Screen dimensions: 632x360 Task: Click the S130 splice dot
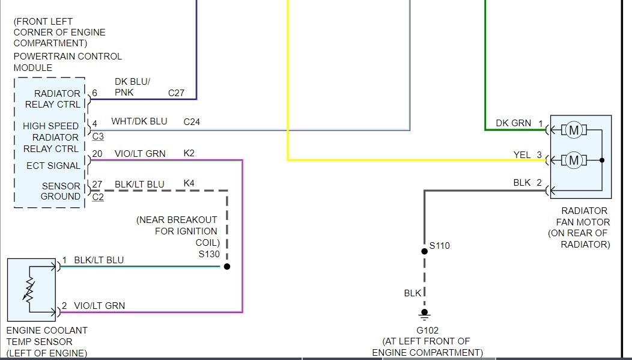227,266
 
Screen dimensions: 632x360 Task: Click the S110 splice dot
424,251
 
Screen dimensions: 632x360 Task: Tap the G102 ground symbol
424,313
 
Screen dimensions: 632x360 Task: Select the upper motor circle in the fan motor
574,130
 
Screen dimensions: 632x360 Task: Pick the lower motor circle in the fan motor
574,160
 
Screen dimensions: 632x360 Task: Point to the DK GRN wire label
513,123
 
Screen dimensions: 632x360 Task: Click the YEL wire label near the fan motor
521,155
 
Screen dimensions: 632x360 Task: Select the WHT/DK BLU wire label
139,121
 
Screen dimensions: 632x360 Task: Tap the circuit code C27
176,93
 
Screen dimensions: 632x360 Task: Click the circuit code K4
189,184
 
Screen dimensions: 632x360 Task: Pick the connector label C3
98,136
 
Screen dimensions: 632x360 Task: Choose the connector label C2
98,197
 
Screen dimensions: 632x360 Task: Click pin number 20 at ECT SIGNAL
97,154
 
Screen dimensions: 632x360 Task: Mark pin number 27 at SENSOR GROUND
97,184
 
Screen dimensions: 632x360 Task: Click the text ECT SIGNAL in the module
53,165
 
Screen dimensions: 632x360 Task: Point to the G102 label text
427,330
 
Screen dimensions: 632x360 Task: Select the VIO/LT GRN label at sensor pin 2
99,306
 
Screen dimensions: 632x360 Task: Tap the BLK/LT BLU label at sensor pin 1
99,260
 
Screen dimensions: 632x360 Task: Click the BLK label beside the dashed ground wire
412,293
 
